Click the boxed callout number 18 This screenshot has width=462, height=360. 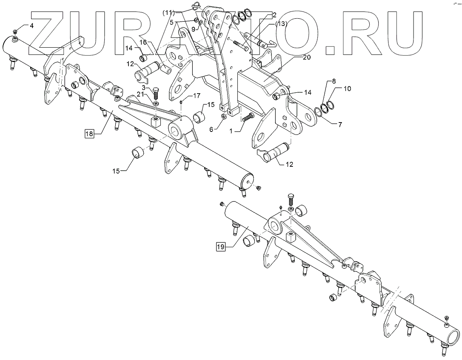89,134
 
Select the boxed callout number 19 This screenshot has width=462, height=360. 220,246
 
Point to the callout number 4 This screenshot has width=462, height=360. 31,26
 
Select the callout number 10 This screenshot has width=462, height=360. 348,89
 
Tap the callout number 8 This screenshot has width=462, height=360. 334,81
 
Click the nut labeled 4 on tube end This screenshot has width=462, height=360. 15,32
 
